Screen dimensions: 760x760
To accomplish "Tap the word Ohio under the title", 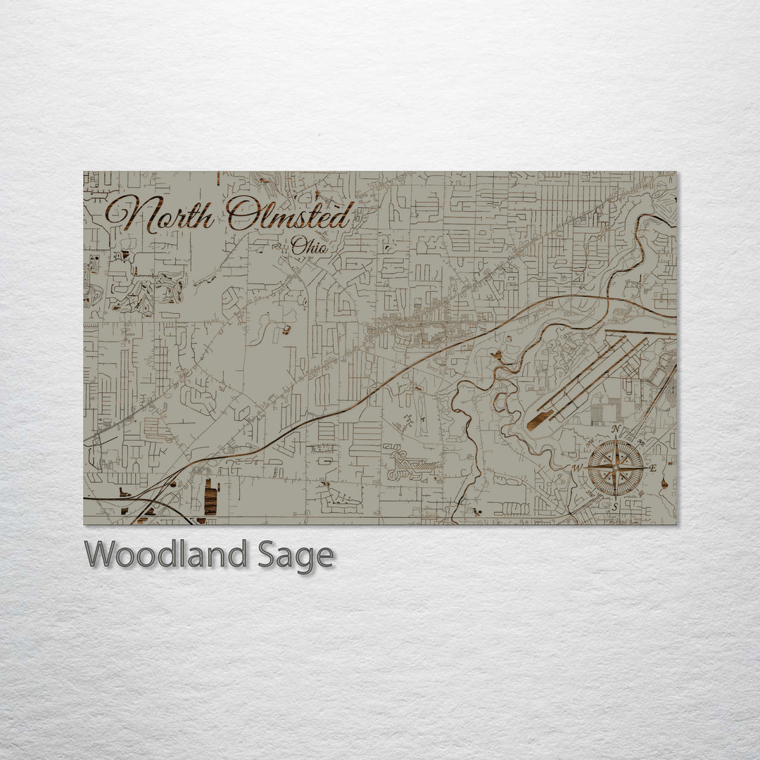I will click(x=309, y=246).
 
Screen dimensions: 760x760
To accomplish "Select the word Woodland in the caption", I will click(x=165, y=555).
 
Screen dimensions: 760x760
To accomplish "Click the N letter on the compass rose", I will click(x=616, y=429).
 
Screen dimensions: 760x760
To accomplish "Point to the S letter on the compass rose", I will click(x=614, y=506).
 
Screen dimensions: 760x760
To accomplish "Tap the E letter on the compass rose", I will click(x=652, y=468).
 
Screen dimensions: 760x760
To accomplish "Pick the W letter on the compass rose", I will click(x=577, y=468).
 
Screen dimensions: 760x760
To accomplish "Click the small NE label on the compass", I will click(x=640, y=443).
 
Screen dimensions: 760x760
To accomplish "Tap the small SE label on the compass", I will click(x=640, y=492).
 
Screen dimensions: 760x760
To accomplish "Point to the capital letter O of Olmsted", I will click(x=243, y=214).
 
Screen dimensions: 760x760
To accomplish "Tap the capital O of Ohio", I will click(x=298, y=246).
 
